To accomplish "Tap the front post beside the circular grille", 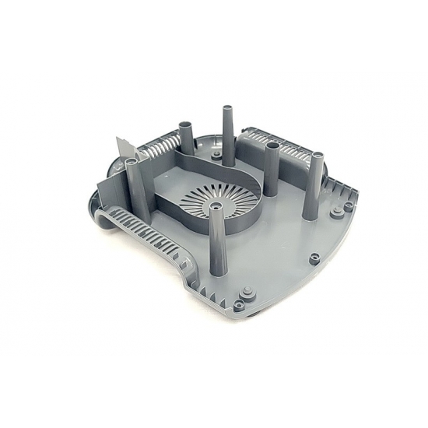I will (214, 233).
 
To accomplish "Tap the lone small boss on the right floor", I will (314, 258).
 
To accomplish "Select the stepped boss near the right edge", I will (348, 206).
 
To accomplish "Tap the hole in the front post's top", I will (214, 209).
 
